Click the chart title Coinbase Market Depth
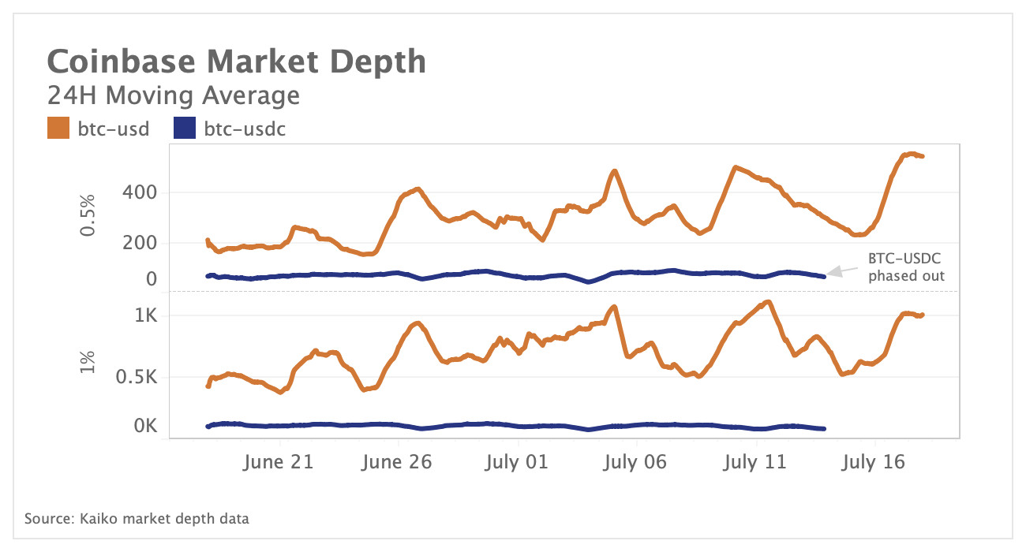click(x=237, y=62)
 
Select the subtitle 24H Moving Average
click(x=174, y=95)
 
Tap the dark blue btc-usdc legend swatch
click(x=184, y=129)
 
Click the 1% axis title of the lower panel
click(x=88, y=361)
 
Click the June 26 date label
click(x=396, y=462)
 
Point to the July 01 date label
click(x=516, y=462)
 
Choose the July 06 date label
click(x=635, y=462)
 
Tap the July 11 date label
click(x=755, y=462)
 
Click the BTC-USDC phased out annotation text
click(x=906, y=267)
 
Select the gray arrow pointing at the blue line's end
click(x=841, y=270)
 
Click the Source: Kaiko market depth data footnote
click(x=137, y=519)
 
